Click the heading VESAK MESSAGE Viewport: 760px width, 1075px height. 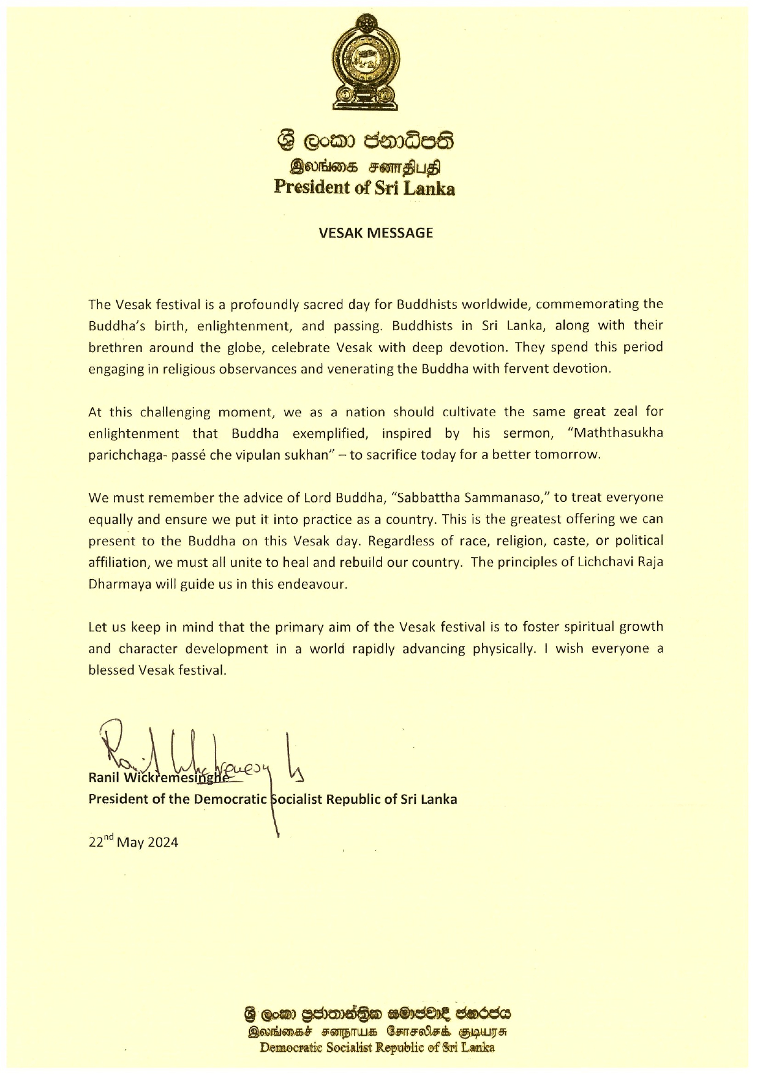click(376, 233)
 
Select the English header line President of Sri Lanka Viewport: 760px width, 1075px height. click(364, 187)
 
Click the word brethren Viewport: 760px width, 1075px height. click(116, 347)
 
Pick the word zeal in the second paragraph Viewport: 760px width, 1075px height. click(625, 411)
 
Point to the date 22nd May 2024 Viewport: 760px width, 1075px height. click(134, 842)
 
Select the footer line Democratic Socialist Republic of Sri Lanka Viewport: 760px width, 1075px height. click(377, 1047)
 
